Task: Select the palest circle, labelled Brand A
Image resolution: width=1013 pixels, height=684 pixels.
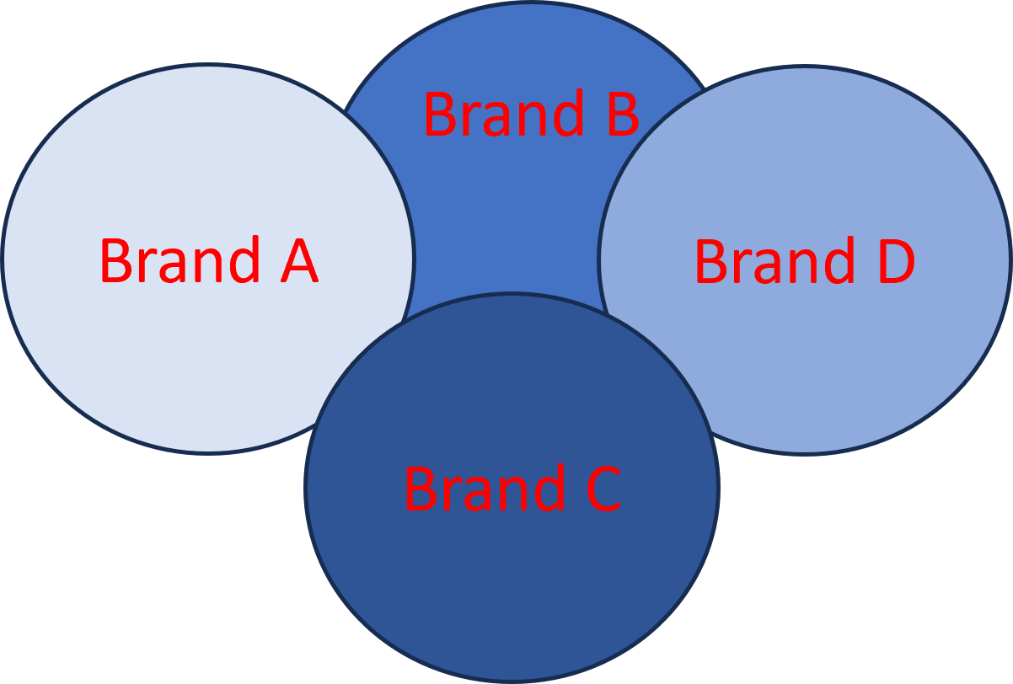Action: pyautogui.click(x=169, y=354)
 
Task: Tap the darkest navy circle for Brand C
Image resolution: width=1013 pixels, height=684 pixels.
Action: pyautogui.click(x=512, y=581)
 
